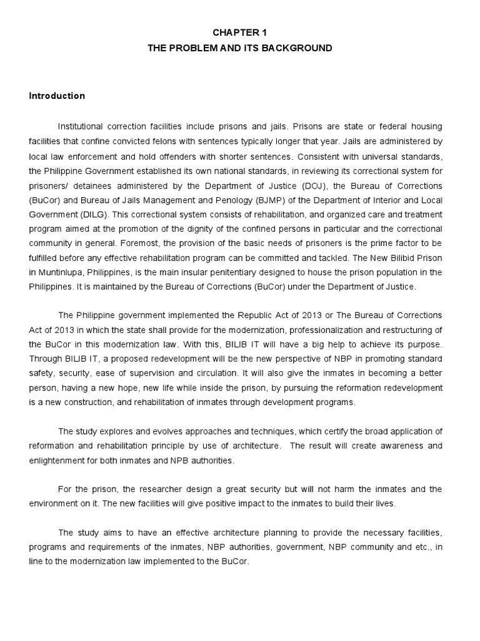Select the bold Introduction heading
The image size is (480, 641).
57,96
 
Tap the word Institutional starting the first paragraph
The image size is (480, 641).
82,126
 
